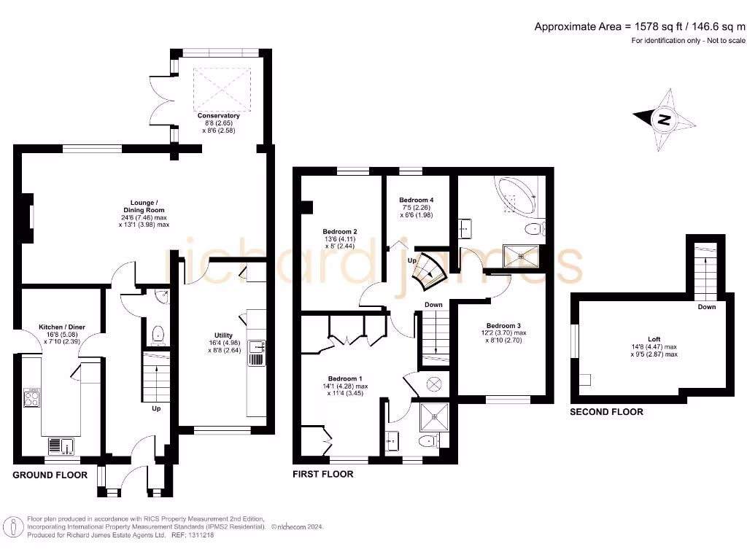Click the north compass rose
pos(664,119)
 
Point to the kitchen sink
pos(58,445)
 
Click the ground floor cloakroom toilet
pos(157,335)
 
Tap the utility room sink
pos(256,353)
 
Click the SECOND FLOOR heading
pos(606,412)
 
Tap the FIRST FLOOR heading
pos(322,474)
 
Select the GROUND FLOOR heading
pos(50,475)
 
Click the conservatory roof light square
pos(222,84)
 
